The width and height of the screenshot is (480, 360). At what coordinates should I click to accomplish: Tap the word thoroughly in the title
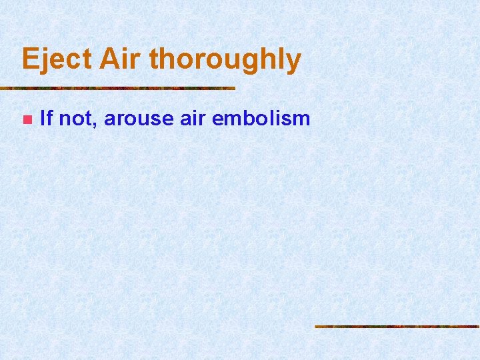(225, 60)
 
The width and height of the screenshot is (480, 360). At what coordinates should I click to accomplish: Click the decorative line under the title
(117, 88)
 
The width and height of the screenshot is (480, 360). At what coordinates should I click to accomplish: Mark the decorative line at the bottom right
(397, 326)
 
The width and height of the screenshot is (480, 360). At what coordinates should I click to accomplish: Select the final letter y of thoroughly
(294, 63)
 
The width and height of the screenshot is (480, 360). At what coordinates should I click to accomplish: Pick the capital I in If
(43, 119)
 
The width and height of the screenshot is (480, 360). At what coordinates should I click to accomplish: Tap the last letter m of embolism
(302, 120)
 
